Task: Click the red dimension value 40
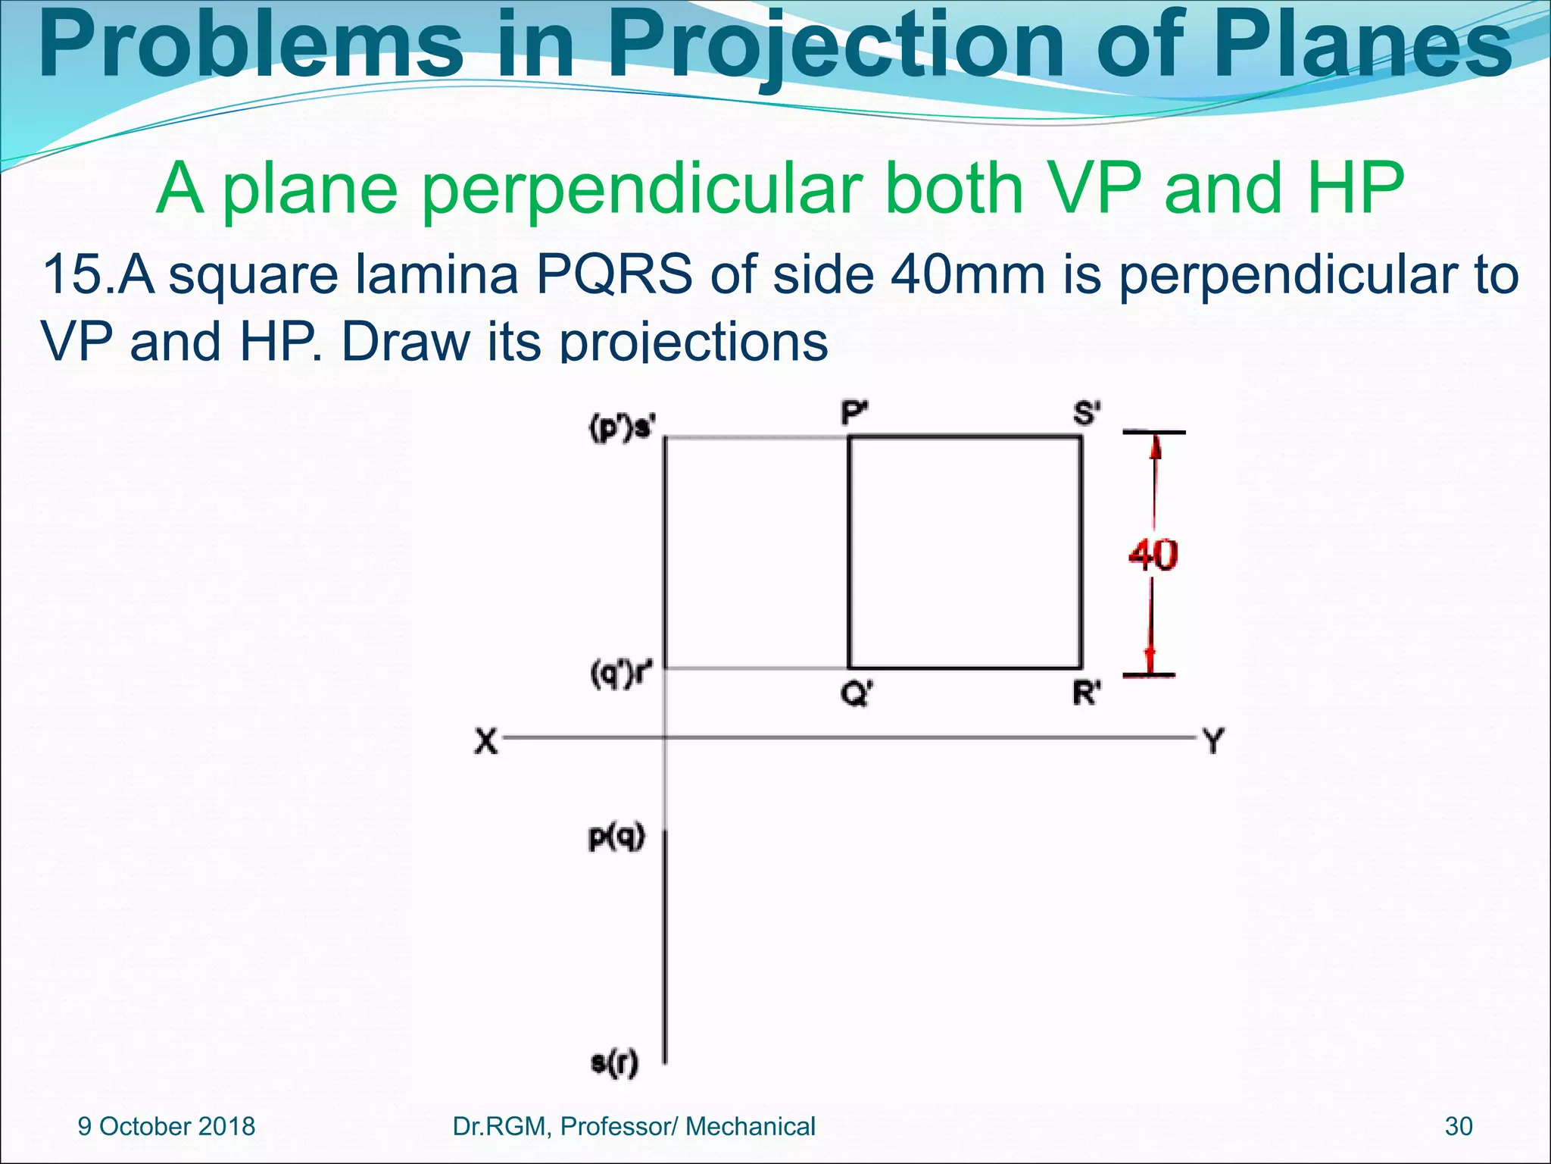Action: pyautogui.click(x=1153, y=555)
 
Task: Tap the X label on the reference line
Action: pyautogui.click(x=486, y=740)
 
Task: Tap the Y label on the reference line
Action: pyautogui.click(x=1212, y=740)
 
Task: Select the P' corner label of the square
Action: pyautogui.click(x=855, y=414)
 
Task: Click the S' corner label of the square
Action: pyautogui.click(x=1087, y=414)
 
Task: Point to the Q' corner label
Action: pyautogui.click(x=857, y=693)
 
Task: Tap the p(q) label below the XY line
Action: pyautogui.click(x=616, y=837)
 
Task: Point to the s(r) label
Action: pyautogui.click(x=614, y=1062)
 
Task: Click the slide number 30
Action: pyautogui.click(x=1459, y=1126)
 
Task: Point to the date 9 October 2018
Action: pyautogui.click(x=167, y=1126)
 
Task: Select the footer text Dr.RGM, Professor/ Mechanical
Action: pyautogui.click(x=633, y=1126)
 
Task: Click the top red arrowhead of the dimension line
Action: pyautogui.click(x=1154, y=449)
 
